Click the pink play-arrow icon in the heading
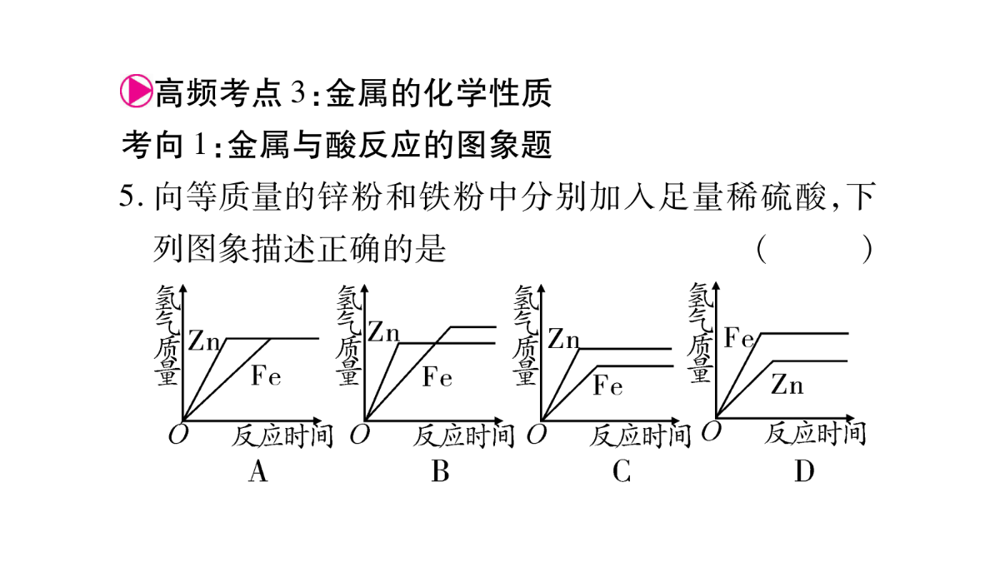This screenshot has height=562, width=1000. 137,91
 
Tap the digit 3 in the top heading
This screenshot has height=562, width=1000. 298,92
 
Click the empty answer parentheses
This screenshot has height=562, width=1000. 814,249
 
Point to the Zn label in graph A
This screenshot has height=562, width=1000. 204,341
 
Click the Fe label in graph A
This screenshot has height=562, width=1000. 266,375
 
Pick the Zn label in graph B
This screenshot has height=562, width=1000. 383,332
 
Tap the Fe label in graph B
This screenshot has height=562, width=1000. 437,376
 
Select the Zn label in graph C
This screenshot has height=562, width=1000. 564,339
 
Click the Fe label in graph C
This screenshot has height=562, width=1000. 607,385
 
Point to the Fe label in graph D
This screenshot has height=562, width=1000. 739,338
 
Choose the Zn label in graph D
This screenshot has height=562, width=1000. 787,385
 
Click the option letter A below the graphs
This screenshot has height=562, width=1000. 258,471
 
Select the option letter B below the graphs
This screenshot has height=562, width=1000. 440,471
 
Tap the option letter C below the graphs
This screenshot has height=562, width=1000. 622,471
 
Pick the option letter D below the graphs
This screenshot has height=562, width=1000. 804,471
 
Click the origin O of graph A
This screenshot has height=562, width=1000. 178,435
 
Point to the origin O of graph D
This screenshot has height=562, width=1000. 711,431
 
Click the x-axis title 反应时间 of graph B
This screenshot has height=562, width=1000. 464,435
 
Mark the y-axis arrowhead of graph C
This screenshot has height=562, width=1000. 542,289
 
